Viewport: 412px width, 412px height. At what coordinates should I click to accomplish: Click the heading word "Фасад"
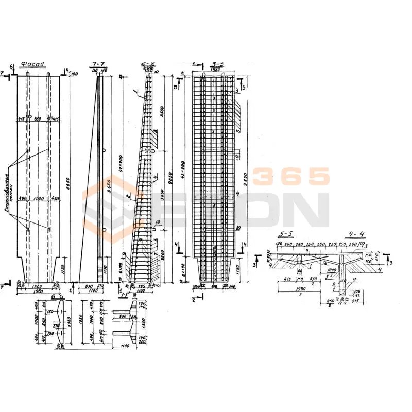pos(32,64)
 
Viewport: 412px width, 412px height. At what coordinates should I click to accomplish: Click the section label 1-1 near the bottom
pos(124,296)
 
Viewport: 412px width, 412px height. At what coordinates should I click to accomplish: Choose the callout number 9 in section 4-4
pos(347,280)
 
